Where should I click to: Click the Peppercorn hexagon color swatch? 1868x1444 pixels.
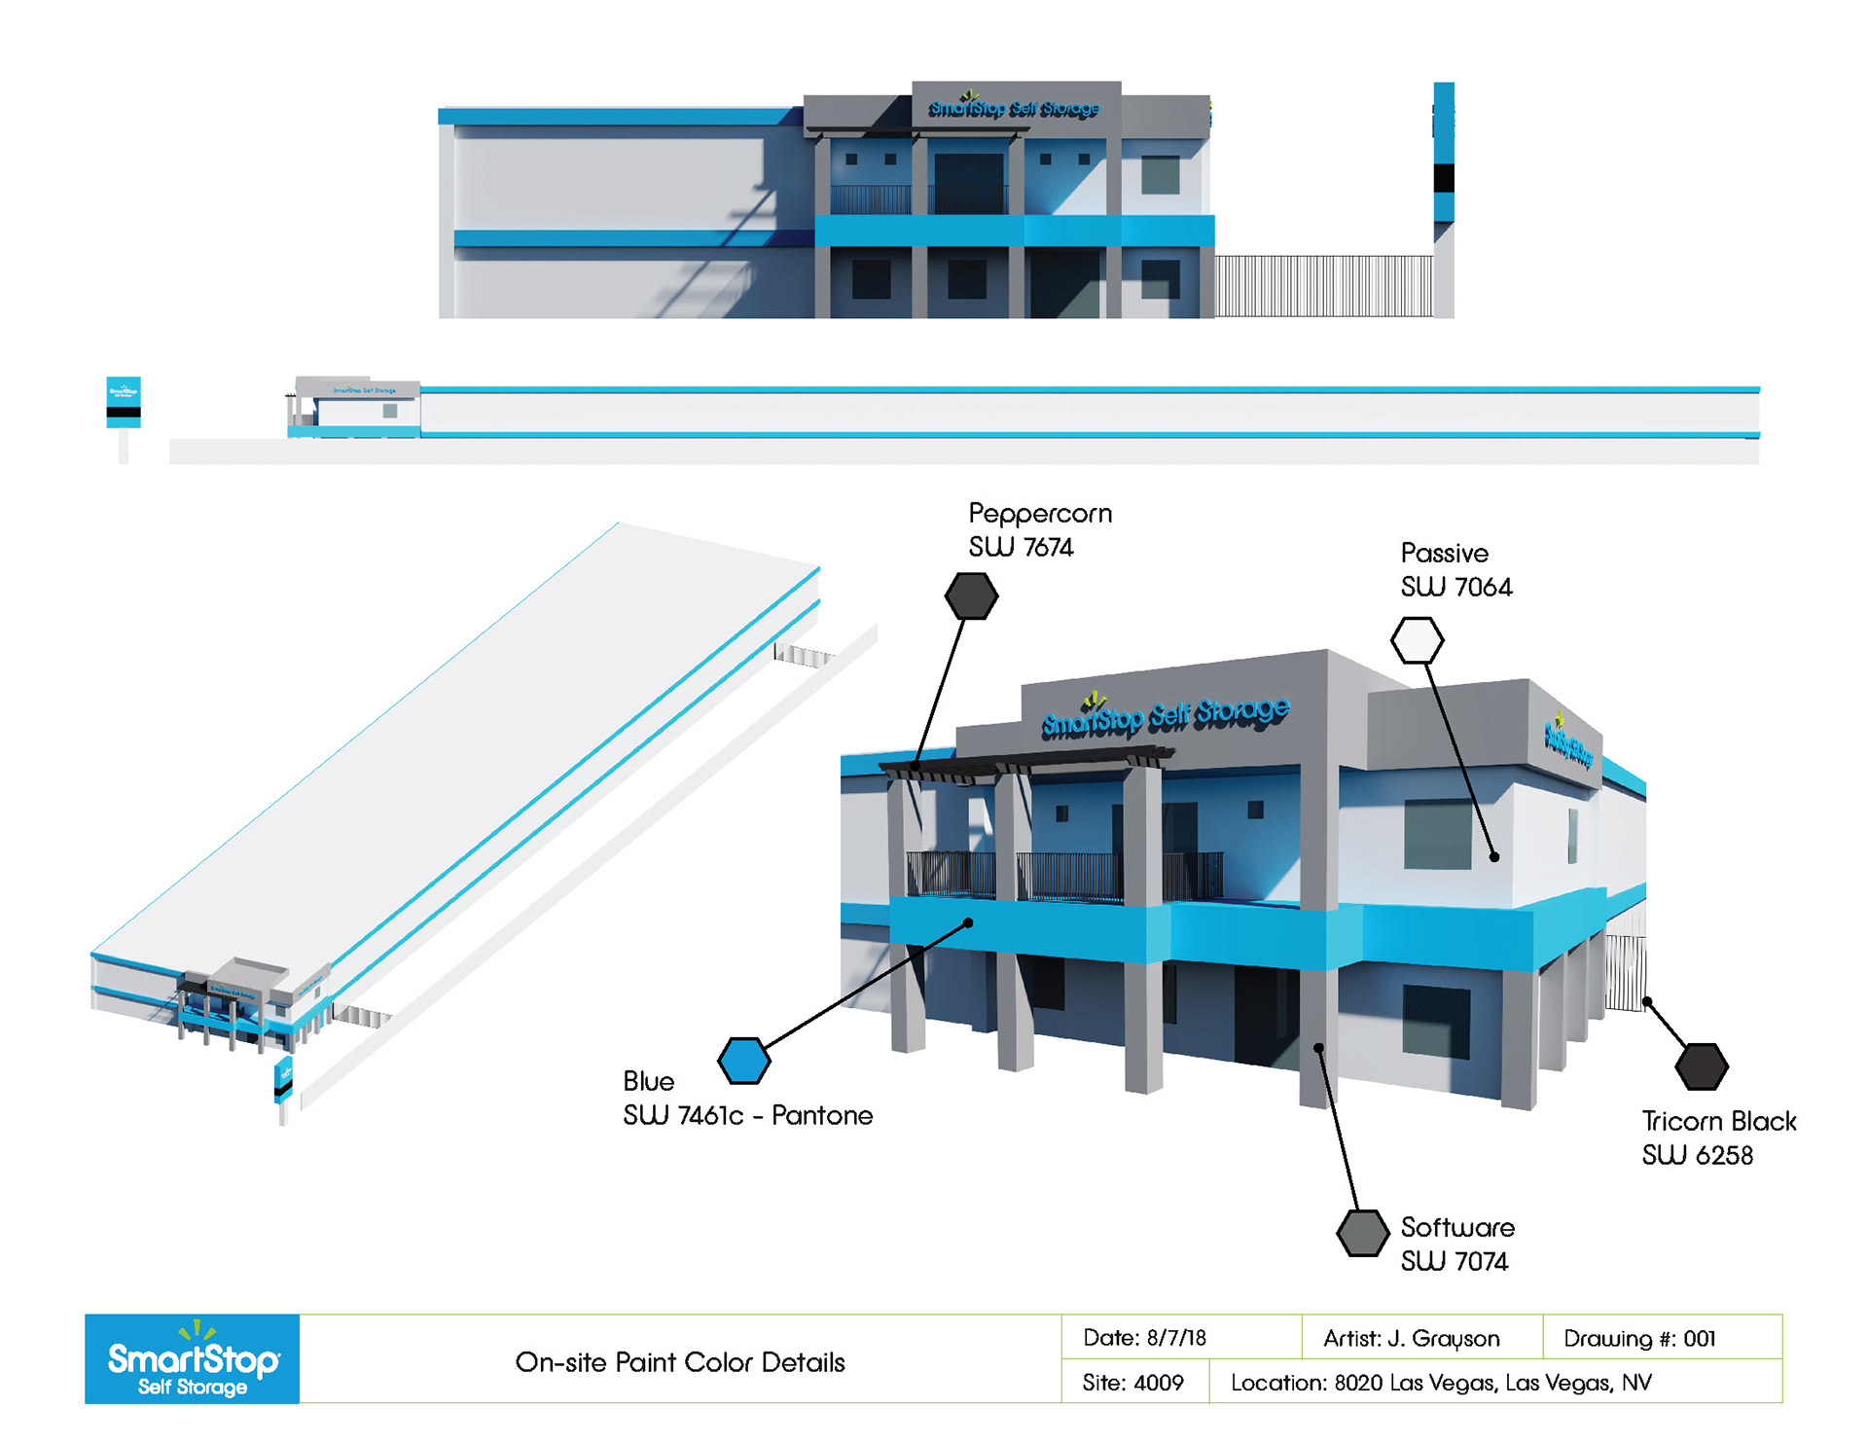click(x=971, y=596)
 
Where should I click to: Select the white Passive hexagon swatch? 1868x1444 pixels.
click(x=1417, y=640)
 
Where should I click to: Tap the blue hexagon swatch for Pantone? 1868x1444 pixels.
click(x=744, y=1061)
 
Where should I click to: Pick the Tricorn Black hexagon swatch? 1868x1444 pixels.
click(x=1702, y=1066)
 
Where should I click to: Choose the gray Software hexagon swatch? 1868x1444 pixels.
click(x=1362, y=1233)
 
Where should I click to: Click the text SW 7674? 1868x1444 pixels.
click(x=1021, y=547)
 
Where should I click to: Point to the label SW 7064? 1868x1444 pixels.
click(x=1456, y=587)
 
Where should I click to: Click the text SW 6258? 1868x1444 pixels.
click(x=1697, y=1155)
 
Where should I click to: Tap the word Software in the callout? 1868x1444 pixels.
click(x=1457, y=1227)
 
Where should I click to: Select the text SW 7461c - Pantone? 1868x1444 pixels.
click(x=747, y=1115)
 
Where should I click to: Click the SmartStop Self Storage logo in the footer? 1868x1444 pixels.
click(x=193, y=1359)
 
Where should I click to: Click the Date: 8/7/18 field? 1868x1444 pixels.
click(x=1144, y=1338)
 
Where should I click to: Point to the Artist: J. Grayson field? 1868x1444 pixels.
click(x=1411, y=1339)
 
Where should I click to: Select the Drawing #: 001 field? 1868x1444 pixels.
click(x=1639, y=1339)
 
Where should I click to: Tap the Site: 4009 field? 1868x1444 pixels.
click(x=1132, y=1383)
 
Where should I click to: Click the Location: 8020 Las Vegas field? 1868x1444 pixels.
click(x=1441, y=1383)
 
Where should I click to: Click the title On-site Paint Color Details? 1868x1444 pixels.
click(x=680, y=1362)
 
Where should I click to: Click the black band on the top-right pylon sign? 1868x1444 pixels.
click(x=1444, y=178)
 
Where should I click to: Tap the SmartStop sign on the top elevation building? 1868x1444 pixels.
click(x=1014, y=108)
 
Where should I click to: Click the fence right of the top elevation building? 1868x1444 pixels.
click(x=1323, y=286)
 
